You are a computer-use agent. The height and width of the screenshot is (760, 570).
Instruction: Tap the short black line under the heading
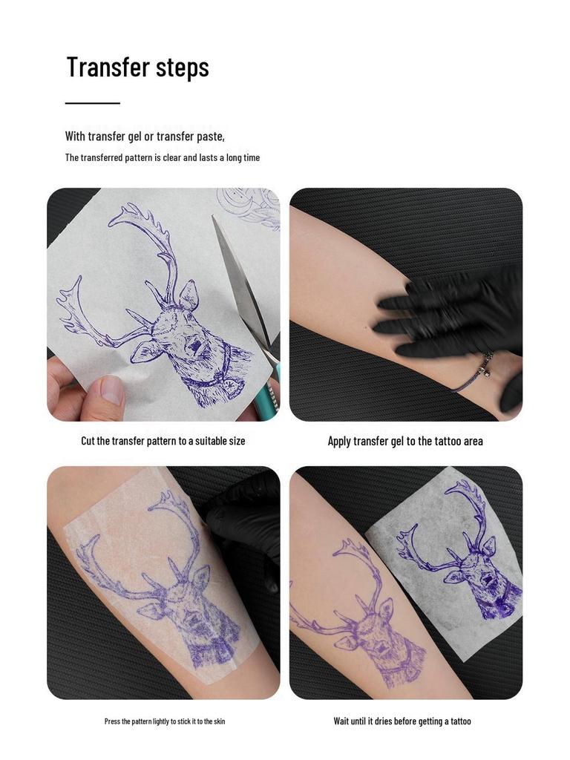click(x=92, y=103)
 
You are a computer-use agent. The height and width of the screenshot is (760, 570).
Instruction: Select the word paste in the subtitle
click(x=209, y=137)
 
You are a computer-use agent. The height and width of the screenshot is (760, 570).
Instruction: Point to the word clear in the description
click(x=172, y=158)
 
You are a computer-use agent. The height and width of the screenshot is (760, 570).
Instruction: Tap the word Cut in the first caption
click(x=88, y=441)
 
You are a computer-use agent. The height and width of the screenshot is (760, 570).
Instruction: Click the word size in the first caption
click(x=237, y=441)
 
